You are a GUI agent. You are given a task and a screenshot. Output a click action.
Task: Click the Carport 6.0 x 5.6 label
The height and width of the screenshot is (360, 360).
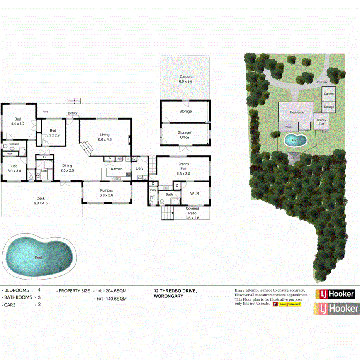[185, 79]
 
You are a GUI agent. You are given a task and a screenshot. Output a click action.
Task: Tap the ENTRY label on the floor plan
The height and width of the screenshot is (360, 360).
[72, 113]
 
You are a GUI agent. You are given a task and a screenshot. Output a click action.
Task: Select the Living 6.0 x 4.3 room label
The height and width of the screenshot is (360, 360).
[105, 137]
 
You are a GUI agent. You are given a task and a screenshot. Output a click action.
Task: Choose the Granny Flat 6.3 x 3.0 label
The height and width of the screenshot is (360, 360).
[183, 169]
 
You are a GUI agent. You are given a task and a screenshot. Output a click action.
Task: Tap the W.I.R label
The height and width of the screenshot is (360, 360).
[195, 194]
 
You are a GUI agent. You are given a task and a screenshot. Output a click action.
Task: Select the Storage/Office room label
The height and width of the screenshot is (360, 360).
[185, 135]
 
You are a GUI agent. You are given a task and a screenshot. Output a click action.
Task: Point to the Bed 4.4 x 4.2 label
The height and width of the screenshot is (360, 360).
[18, 121]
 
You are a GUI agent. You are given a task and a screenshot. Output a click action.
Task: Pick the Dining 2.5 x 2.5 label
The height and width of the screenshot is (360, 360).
[67, 168]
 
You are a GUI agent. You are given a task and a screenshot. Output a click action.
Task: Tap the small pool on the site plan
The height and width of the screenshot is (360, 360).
[296, 140]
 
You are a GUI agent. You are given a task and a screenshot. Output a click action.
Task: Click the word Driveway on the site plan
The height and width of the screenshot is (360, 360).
[321, 82]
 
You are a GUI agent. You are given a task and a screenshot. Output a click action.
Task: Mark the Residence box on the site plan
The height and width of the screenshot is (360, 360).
[297, 112]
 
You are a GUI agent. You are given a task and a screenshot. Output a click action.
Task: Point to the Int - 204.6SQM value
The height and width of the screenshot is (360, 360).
[112, 291]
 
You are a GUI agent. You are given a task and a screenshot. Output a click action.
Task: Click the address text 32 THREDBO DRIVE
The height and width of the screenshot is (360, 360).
[175, 291]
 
